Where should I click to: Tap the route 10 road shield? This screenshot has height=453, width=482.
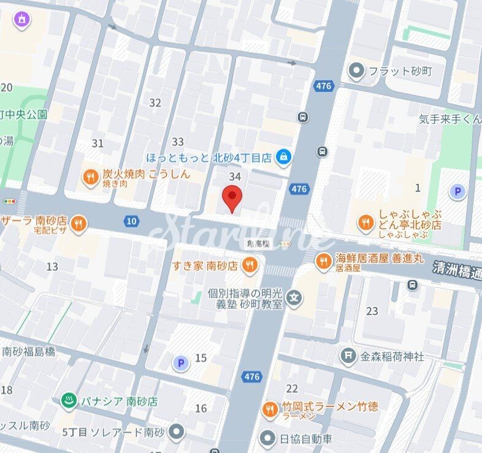pyautogui.click(x=131, y=221)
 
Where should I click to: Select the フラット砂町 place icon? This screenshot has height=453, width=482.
pyautogui.click(x=356, y=71)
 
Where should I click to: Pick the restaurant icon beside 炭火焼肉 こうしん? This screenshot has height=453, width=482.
pyautogui.click(x=90, y=178)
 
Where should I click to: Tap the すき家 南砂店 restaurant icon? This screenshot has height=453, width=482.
pyautogui.click(x=249, y=265)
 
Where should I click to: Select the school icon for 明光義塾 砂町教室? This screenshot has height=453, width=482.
pyautogui.click(x=296, y=299)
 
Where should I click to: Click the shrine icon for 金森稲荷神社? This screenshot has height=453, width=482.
pyautogui.click(x=348, y=355)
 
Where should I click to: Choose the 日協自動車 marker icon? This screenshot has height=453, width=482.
pyautogui.click(x=267, y=438)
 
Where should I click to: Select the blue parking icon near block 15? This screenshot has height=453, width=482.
pyautogui.click(x=180, y=364)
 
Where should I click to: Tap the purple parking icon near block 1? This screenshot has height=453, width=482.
pyautogui.click(x=457, y=192)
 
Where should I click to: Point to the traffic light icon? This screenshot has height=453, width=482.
pyautogui.click(x=10, y=201)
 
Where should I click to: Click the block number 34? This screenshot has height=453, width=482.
pyautogui.click(x=234, y=177)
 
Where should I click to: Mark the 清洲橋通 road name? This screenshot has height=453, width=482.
pyautogui.click(x=457, y=270)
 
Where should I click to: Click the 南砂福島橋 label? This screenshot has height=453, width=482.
pyautogui.click(x=28, y=351)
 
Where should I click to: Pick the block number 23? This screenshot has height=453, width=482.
pyautogui.click(x=372, y=311)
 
